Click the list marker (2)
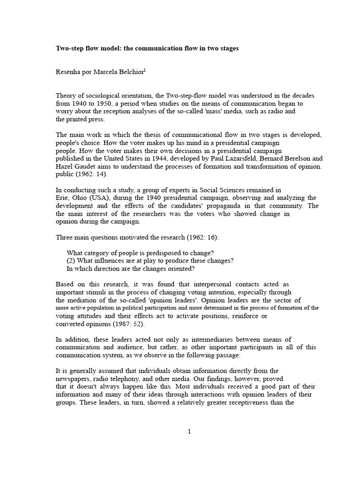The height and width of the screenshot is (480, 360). (x=72, y=261)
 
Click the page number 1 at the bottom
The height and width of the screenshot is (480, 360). (x=189, y=432)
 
